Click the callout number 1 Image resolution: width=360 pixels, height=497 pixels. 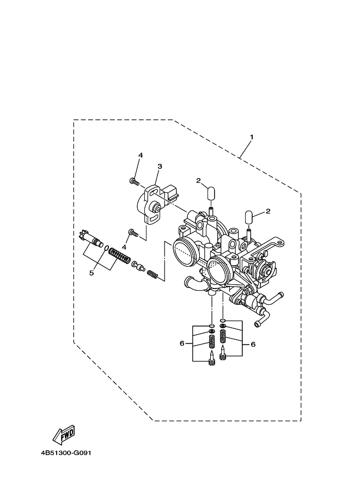(251, 137)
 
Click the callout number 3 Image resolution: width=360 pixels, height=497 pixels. (160, 166)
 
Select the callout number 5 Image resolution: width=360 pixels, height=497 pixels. (91, 273)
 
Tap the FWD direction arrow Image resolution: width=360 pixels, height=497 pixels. (64, 434)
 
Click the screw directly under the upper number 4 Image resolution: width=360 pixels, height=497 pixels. (133, 180)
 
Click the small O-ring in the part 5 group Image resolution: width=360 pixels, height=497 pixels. (106, 247)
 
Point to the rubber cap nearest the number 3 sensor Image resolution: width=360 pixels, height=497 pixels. (211, 194)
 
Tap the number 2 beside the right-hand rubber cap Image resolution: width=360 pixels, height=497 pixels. (268, 211)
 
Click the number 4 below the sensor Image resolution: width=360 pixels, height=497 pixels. (124, 247)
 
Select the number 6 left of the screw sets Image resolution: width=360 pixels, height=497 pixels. (182, 343)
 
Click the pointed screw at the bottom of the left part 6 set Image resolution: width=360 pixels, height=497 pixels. (211, 359)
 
